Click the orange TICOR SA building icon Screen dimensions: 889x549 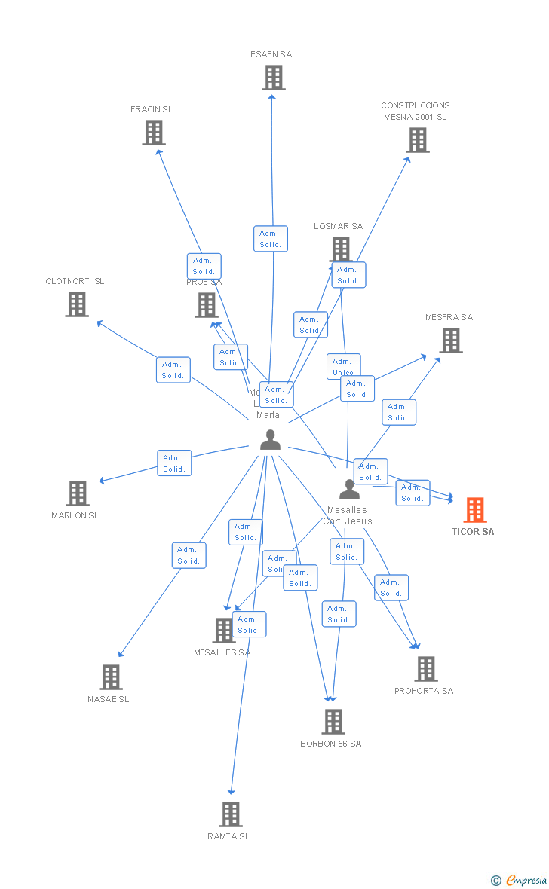474,510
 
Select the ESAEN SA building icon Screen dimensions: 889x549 274,78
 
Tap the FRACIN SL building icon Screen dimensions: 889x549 154,133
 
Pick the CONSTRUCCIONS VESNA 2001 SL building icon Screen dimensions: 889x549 417,140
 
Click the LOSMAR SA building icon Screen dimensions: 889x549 341,249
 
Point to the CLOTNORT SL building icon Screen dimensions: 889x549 77,304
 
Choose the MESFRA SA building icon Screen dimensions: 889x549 451,341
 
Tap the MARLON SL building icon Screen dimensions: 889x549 78,493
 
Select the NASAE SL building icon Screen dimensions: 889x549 111,677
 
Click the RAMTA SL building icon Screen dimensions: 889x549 231,814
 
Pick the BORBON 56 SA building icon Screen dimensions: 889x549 333,722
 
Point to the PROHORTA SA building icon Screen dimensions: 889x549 426,669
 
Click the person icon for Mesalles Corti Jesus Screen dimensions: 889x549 349,490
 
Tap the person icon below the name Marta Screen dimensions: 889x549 270,440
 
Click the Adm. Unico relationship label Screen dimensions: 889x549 343,366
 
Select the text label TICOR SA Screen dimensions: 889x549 473,532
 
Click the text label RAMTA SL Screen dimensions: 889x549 228,836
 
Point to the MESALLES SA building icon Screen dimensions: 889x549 224,631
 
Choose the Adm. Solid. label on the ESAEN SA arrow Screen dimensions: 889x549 270,239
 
